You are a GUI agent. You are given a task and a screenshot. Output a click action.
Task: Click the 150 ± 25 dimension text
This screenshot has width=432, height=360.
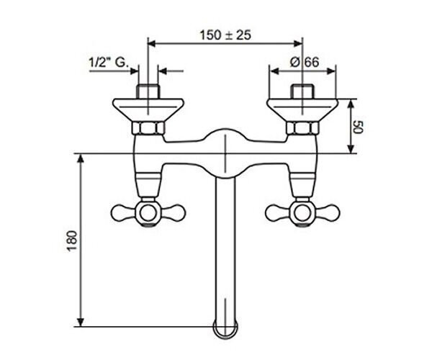[x=225, y=35]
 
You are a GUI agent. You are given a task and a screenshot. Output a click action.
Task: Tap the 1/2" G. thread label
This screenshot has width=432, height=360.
[x=109, y=63]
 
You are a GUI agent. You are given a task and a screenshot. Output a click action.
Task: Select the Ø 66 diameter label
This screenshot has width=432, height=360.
[x=305, y=62]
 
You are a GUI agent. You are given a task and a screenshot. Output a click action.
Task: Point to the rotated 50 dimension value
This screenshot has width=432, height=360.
[x=359, y=127]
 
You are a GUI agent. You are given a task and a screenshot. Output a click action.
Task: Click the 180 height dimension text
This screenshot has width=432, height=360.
[x=71, y=240]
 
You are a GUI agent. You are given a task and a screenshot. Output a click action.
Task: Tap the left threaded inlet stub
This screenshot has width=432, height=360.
[x=148, y=91]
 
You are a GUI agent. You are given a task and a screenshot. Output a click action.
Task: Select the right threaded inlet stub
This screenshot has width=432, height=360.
[x=302, y=91]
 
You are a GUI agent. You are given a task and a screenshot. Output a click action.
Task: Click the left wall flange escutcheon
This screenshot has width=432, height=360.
[x=148, y=110]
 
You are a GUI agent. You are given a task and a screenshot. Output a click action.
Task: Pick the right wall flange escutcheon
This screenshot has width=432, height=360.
[x=302, y=110]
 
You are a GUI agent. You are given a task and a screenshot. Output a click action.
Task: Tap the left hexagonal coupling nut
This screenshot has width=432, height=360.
[x=148, y=128]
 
